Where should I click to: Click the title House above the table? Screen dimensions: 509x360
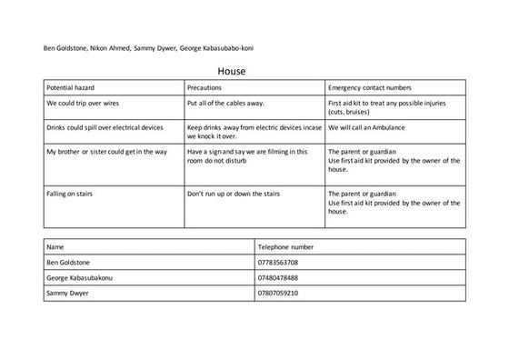pyautogui.click(x=232, y=70)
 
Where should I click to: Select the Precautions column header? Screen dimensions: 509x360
pyautogui.click(x=210, y=87)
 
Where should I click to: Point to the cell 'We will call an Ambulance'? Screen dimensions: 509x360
pyautogui.click(x=371, y=128)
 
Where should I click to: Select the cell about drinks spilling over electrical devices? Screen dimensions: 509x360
pyautogui.click(x=105, y=128)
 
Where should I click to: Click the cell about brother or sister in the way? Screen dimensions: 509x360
pyautogui.click(x=106, y=151)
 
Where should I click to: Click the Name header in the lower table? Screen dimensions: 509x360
pyautogui.click(x=55, y=246)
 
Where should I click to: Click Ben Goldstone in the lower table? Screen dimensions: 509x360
pyautogui.click(x=70, y=262)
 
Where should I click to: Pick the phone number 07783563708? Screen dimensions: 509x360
pyautogui.click(x=278, y=262)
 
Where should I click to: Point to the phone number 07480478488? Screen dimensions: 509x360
pyautogui.click(x=278, y=277)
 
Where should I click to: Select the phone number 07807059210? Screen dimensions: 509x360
pyautogui.click(x=278, y=293)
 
